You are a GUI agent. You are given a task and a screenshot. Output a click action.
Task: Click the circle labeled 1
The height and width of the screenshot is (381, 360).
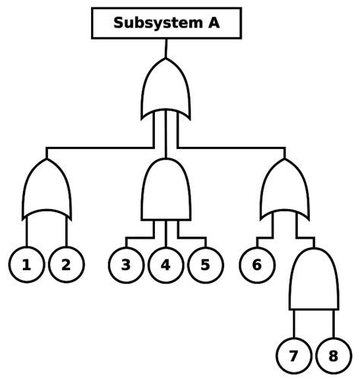click(x=27, y=265)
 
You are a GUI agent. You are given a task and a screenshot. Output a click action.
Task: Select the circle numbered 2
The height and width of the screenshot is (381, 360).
click(x=66, y=265)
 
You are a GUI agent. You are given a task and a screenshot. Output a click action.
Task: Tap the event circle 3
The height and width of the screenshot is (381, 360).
click(x=126, y=265)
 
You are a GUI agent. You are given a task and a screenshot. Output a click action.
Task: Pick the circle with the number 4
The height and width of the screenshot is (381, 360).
click(x=166, y=265)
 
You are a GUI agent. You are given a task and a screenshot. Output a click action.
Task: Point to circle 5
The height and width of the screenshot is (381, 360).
click(x=205, y=265)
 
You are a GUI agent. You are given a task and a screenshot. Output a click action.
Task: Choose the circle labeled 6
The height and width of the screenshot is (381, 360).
click(x=257, y=265)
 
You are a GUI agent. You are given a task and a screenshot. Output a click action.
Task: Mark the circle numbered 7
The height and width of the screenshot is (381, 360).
click(x=293, y=356)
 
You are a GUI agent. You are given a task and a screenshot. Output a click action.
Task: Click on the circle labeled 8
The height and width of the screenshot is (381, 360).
click(x=333, y=356)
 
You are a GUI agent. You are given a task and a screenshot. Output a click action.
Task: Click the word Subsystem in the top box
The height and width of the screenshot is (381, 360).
click(x=153, y=23)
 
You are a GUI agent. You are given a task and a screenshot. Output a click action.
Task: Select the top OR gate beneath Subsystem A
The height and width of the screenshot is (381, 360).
click(x=166, y=87)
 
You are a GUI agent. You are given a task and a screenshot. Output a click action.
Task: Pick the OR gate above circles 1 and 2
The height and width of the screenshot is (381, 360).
click(x=47, y=190)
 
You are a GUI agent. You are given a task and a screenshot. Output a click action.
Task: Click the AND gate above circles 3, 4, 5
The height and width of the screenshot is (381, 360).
click(x=166, y=190)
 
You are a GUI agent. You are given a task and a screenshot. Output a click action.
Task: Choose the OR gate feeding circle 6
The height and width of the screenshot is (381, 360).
click(x=285, y=190)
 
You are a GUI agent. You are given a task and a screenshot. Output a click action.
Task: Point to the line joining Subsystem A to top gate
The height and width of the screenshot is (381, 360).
click(x=166, y=48)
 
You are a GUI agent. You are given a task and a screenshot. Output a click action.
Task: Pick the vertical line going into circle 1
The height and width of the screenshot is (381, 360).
click(x=27, y=232)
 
